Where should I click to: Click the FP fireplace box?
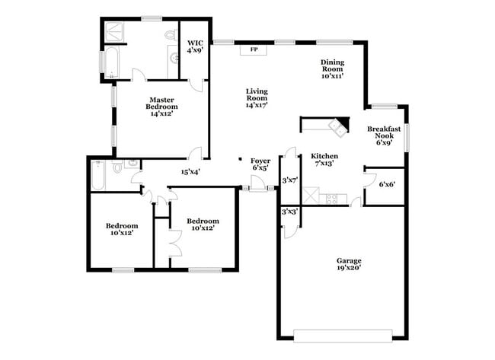(x=254, y=50)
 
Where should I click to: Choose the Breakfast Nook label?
(x=383, y=134)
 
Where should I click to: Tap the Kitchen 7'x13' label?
(x=324, y=160)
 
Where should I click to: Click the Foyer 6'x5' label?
(x=261, y=164)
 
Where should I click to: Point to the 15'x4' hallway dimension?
(x=190, y=171)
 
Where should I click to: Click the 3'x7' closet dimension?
(x=289, y=180)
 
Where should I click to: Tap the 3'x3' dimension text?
(x=289, y=212)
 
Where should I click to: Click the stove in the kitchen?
(x=333, y=199)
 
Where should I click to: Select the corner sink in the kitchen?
(x=336, y=125)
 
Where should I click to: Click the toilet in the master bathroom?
(x=169, y=37)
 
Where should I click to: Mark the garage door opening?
(x=343, y=334)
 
